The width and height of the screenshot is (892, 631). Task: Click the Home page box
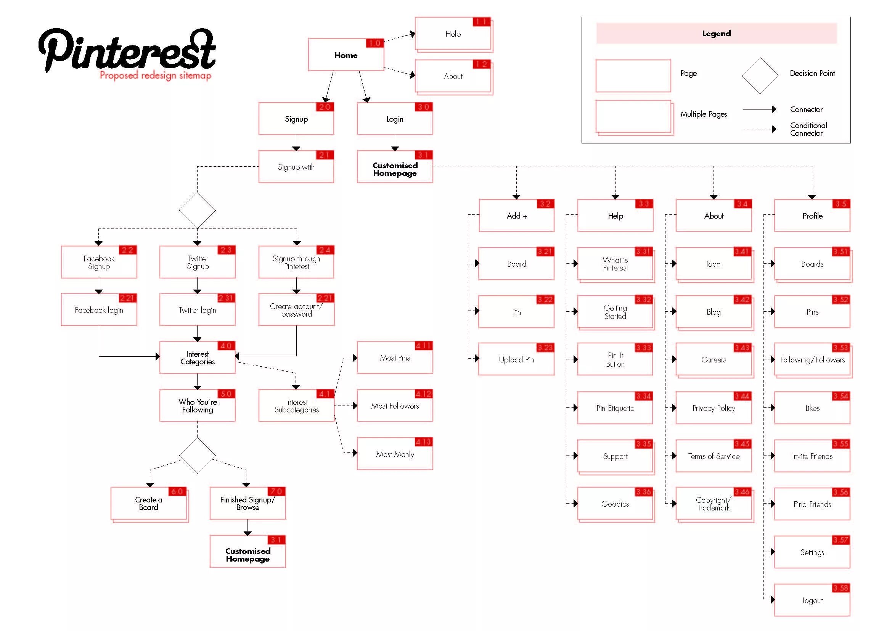pos(346,55)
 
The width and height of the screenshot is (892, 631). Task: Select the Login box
pos(395,119)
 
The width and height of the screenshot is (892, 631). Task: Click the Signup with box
pos(296,167)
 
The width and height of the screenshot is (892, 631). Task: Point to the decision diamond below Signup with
pos(198,210)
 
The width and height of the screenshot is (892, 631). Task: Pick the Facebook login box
pos(99,310)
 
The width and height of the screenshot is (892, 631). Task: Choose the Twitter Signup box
pos(198,262)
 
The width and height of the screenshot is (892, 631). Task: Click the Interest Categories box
pos(198,358)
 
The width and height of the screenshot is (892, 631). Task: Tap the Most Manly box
pos(395,454)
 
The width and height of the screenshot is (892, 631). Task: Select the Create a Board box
pos(149,504)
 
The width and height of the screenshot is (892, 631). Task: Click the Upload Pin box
pos(516,359)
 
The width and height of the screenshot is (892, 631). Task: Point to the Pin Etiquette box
pos(615,408)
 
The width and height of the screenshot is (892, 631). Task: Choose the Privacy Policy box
pos(714,408)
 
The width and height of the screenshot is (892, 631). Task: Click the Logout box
pos(812,600)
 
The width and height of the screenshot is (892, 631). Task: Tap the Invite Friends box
pos(812,456)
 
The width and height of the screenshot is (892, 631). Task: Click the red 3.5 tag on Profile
pos(841,204)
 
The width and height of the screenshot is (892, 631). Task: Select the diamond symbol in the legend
pos(760,76)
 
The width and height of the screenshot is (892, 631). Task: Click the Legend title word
pos(717,34)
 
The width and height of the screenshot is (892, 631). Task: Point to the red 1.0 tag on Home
pos(374,43)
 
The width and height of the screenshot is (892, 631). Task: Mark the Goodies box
pos(615,504)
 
